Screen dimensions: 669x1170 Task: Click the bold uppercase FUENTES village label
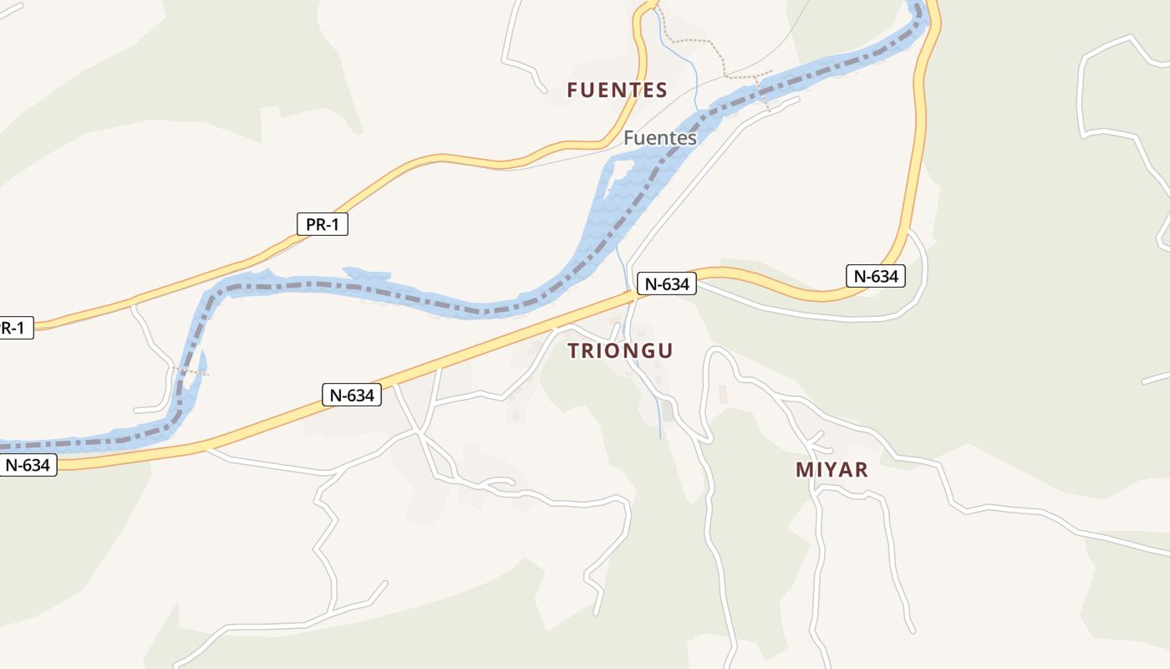coord(617,90)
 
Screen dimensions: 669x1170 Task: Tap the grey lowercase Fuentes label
coord(660,138)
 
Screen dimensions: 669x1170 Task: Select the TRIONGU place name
coord(620,351)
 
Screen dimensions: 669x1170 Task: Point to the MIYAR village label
coord(832,470)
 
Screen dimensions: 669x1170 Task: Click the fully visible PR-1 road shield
coord(323,224)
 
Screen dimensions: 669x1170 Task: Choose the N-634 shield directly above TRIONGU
coord(667,284)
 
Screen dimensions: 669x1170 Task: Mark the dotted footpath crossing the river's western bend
coord(191,370)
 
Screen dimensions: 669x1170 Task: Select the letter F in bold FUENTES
coord(573,90)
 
